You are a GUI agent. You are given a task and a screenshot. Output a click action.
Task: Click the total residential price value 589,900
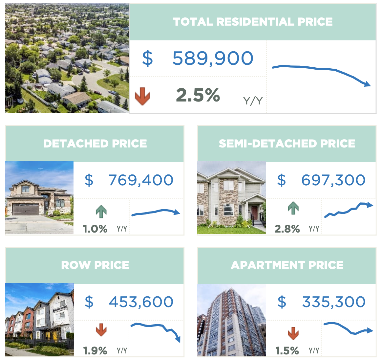[x=213, y=58]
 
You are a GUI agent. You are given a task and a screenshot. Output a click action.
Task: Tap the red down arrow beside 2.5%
[x=142, y=96]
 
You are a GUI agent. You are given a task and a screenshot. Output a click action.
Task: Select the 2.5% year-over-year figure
[x=198, y=95]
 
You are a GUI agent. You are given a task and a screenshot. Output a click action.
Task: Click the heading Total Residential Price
[x=253, y=22]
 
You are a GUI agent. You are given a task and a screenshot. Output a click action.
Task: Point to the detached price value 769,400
[x=141, y=180]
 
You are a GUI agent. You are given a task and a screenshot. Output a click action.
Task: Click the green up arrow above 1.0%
[x=101, y=212]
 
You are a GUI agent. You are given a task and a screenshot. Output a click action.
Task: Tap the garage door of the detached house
[x=26, y=209]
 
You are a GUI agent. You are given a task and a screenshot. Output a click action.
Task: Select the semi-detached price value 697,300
[x=333, y=180]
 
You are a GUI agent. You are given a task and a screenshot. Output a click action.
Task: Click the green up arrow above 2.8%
[x=293, y=208]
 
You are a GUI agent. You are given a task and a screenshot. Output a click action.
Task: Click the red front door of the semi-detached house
[x=254, y=213]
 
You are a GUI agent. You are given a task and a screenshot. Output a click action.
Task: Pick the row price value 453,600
[x=141, y=302]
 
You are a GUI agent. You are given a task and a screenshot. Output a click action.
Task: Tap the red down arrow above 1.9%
[x=101, y=330]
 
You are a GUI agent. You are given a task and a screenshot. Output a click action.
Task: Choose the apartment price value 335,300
[x=333, y=302]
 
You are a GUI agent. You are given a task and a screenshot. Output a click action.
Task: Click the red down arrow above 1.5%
[x=293, y=333]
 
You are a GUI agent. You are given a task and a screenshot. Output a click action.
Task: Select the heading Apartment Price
[x=287, y=265]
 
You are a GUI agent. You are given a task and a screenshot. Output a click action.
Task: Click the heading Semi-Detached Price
[x=287, y=144]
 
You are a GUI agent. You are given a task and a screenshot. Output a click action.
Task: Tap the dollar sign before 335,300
[x=282, y=302]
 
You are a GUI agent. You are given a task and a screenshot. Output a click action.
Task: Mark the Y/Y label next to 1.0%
[x=122, y=229]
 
